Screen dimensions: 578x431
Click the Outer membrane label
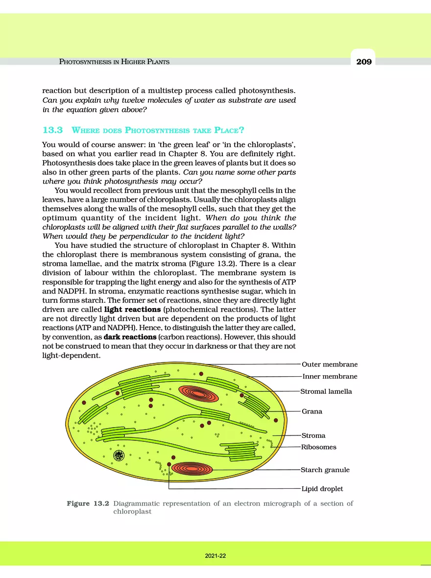[x=330, y=364]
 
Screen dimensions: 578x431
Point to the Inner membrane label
[x=330, y=377]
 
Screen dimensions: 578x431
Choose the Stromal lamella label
[x=326, y=391]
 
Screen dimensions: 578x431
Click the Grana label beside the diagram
[x=312, y=411]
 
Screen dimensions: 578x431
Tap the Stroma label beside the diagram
[x=313, y=435]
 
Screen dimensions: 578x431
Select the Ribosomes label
[x=319, y=447]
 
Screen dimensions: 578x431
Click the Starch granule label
[x=325, y=470]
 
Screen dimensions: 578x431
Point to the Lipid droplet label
[x=322, y=489]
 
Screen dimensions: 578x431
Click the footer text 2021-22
[x=215, y=556]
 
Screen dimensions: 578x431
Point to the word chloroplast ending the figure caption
[x=132, y=512]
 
